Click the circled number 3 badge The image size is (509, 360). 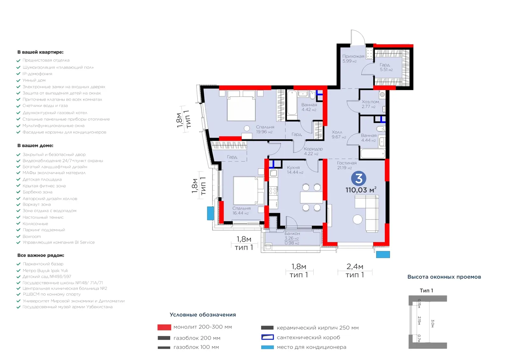(x=358, y=178)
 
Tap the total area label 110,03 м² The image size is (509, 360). (x=361, y=190)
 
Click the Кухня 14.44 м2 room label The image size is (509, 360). (x=295, y=170)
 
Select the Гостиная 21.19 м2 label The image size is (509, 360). (x=346, y=165)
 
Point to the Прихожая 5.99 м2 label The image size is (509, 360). (x=353, y=59)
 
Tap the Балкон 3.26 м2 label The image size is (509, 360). (x=292, y=236)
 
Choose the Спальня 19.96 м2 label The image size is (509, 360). (x=265, y=129)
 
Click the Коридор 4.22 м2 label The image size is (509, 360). (x=313, y=151)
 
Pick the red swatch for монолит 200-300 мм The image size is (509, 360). (x=164, y=327)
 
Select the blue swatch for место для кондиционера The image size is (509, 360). (x=267, y=347)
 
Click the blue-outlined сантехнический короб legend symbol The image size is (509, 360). (x=267, y=337)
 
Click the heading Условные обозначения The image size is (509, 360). (x=203, y=315)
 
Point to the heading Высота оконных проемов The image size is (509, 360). (x=444, y=277)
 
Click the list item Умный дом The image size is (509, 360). (x=34, y=80)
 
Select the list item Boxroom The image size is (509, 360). (x=31, y=236)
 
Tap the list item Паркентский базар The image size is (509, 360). (x=43, y=264)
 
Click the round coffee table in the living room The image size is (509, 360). (x=358, y=219)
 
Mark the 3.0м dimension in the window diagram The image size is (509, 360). (x=432, y=323)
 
